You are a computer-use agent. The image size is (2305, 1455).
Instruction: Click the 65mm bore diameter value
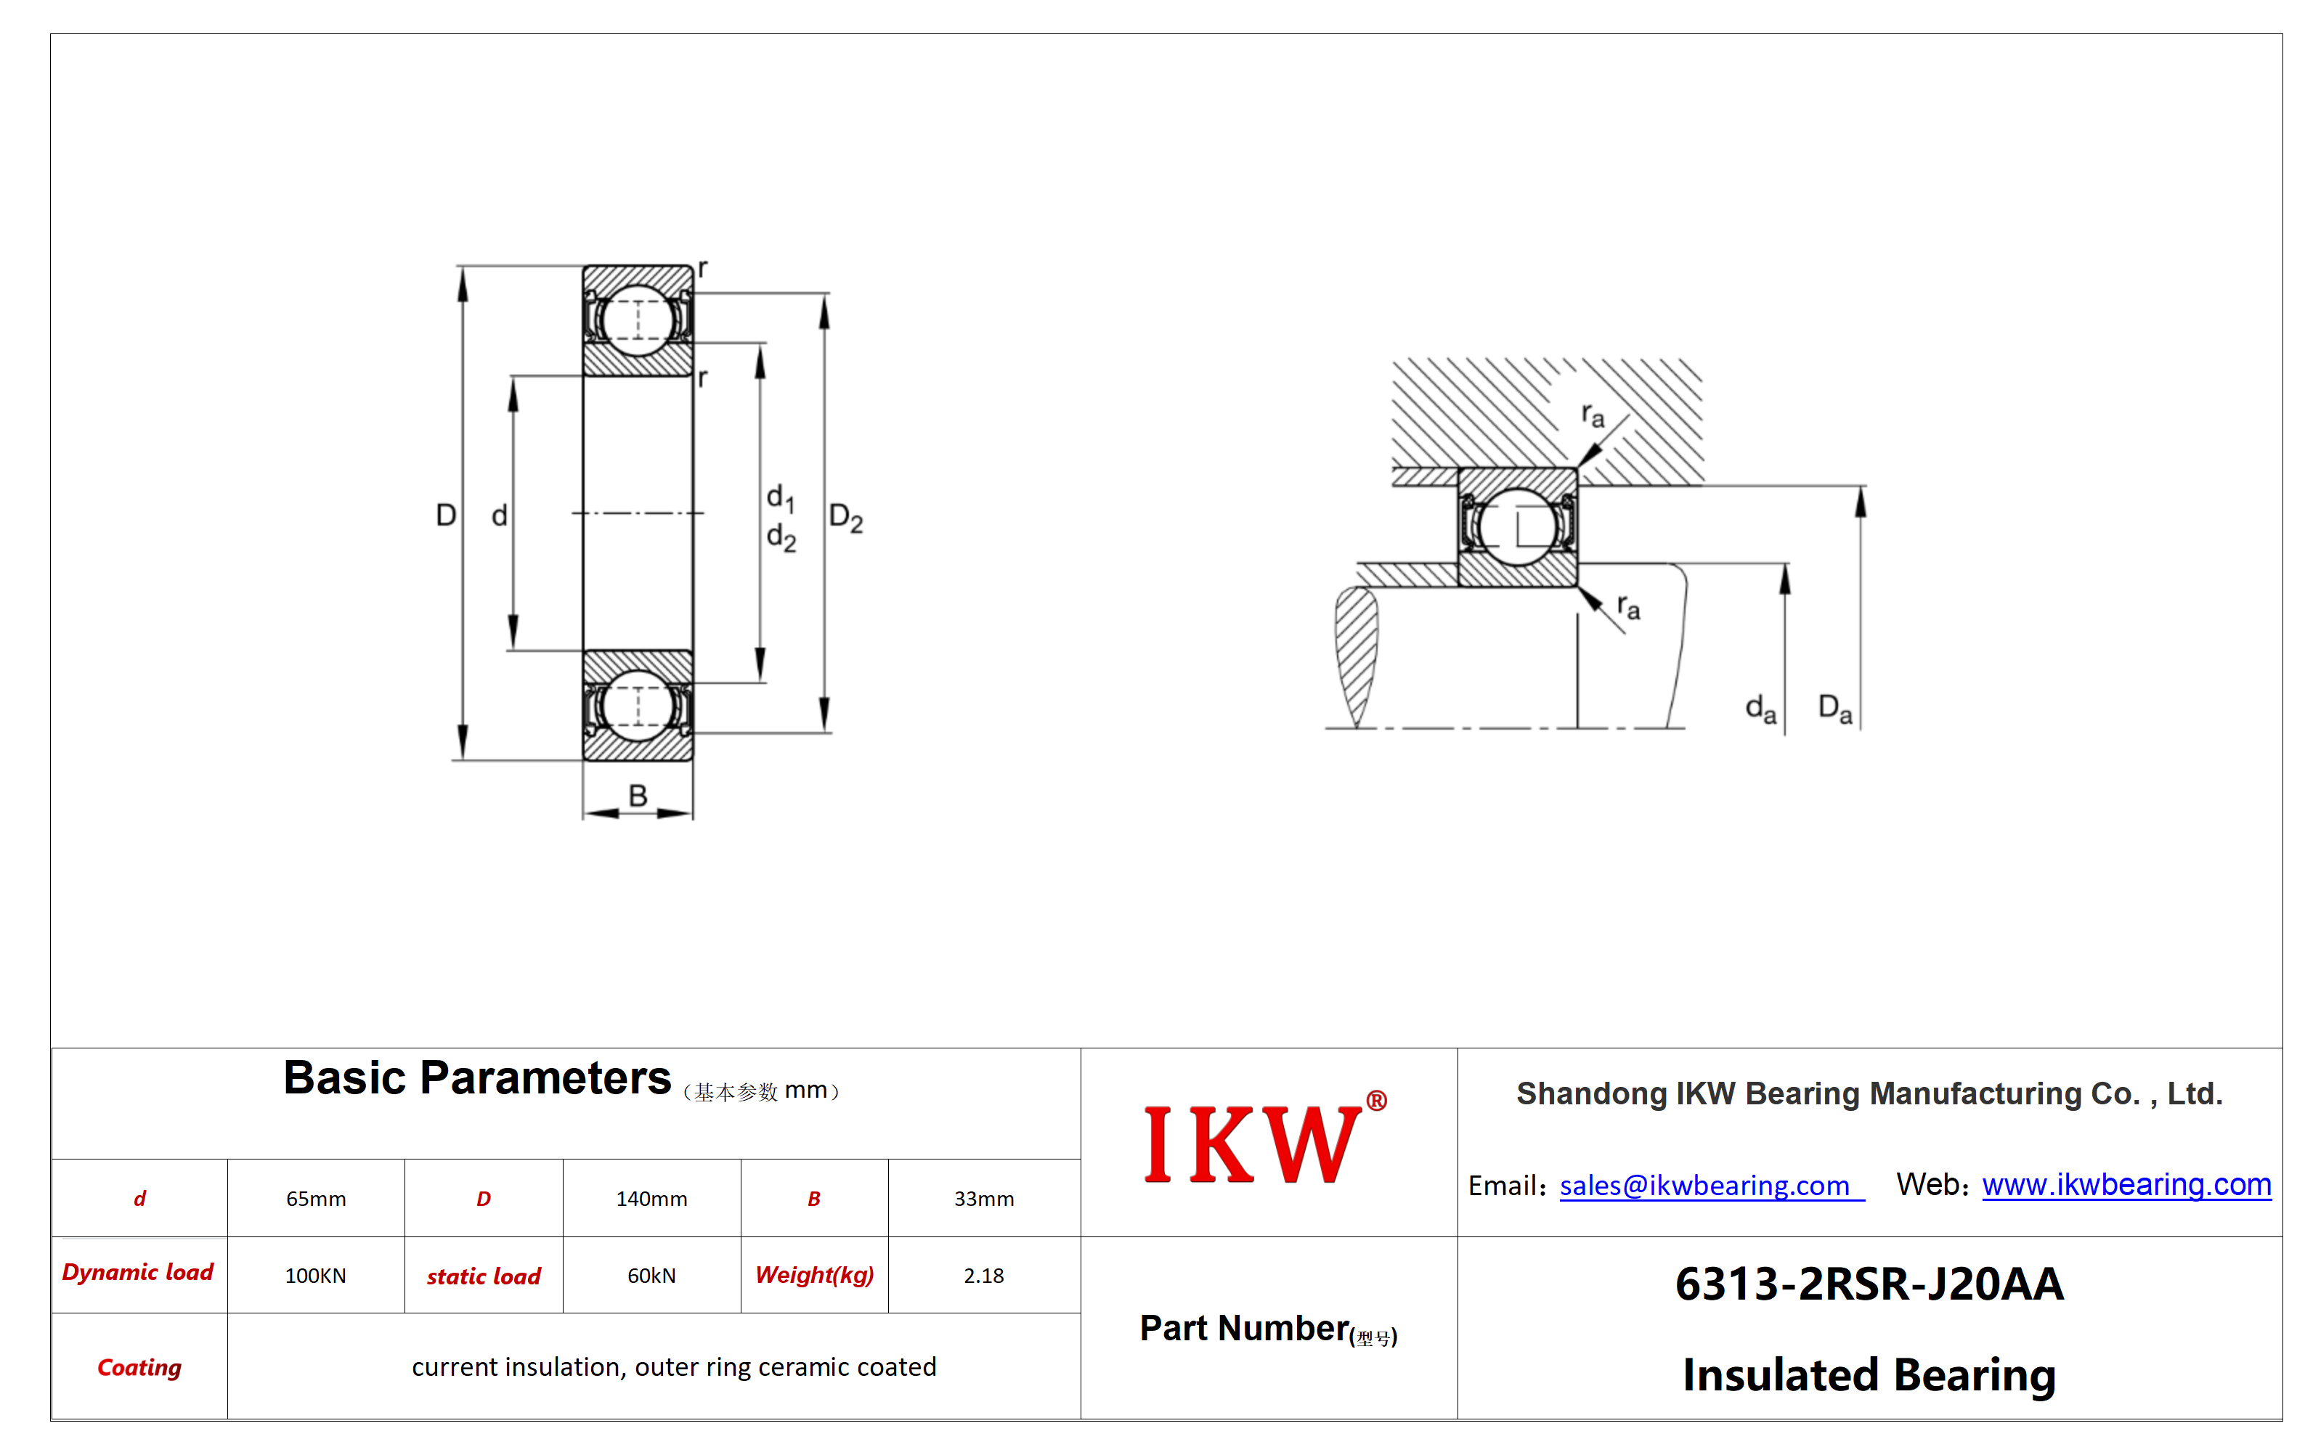(316, 1199)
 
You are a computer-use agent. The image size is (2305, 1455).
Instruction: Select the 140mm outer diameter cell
(652, 1199)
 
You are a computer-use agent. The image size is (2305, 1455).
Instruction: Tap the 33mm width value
(984, 1199)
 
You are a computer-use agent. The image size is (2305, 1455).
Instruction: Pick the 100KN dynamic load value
(316, 1276)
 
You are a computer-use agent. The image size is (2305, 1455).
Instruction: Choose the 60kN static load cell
(652, 1276)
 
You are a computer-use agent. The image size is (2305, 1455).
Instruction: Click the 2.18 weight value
(984, 1276)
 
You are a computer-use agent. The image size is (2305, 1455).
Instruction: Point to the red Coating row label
(139, 1368)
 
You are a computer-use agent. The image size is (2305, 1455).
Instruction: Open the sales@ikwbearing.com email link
(1712, 1186)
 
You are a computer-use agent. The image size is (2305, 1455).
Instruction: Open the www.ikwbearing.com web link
(2127, 1185)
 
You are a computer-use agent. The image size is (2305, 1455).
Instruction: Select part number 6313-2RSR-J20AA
(1869, 1284)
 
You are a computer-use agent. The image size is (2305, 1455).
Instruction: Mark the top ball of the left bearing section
(638, 319)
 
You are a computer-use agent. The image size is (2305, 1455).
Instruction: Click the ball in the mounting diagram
(1517, 527)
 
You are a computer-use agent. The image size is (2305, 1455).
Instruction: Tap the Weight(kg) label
(815, 1276)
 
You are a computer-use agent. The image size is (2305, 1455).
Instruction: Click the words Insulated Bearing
(1869, 1376)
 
